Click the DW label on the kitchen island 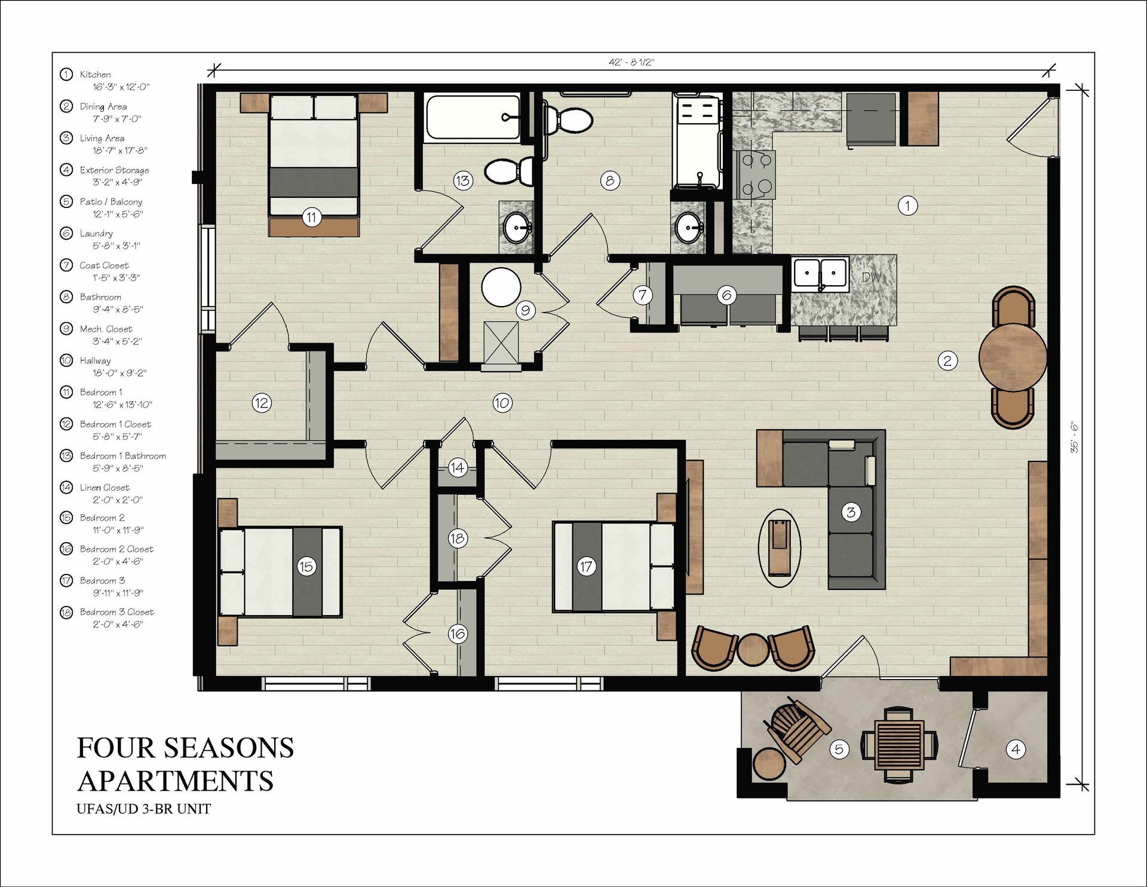(872, 277)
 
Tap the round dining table (1013, 357)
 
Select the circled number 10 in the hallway (502, 403)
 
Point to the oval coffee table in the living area (780, 548)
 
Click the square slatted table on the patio (899, 745)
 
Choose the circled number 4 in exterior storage (1016, 749)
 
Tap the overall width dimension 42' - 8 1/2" (631, 62)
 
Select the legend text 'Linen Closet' (105, 488)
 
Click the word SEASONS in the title (229, 748)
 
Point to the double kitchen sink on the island (821, 275)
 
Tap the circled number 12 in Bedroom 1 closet (262, 403)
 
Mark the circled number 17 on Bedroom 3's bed (586, 567)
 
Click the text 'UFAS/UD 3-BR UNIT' (143, 809)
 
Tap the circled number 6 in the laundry (727, 295)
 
